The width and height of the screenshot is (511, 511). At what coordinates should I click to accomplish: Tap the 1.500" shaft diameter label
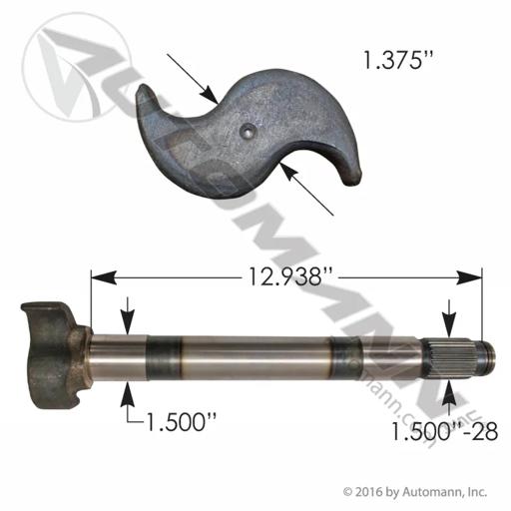[x=180, y=421]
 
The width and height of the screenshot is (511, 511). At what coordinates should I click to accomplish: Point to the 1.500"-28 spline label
[x=444, y=431]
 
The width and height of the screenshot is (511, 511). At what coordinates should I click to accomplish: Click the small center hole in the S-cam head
[x=248, y=129]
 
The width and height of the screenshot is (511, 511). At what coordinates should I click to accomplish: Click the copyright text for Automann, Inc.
[x=415, y=491]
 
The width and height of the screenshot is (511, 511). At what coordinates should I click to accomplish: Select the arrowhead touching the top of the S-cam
[x=210, y=93]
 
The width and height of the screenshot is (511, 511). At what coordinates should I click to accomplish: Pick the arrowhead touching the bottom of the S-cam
[x=288, y=173]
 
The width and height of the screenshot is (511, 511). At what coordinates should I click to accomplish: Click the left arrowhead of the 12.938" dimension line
[x=104, y=277]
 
